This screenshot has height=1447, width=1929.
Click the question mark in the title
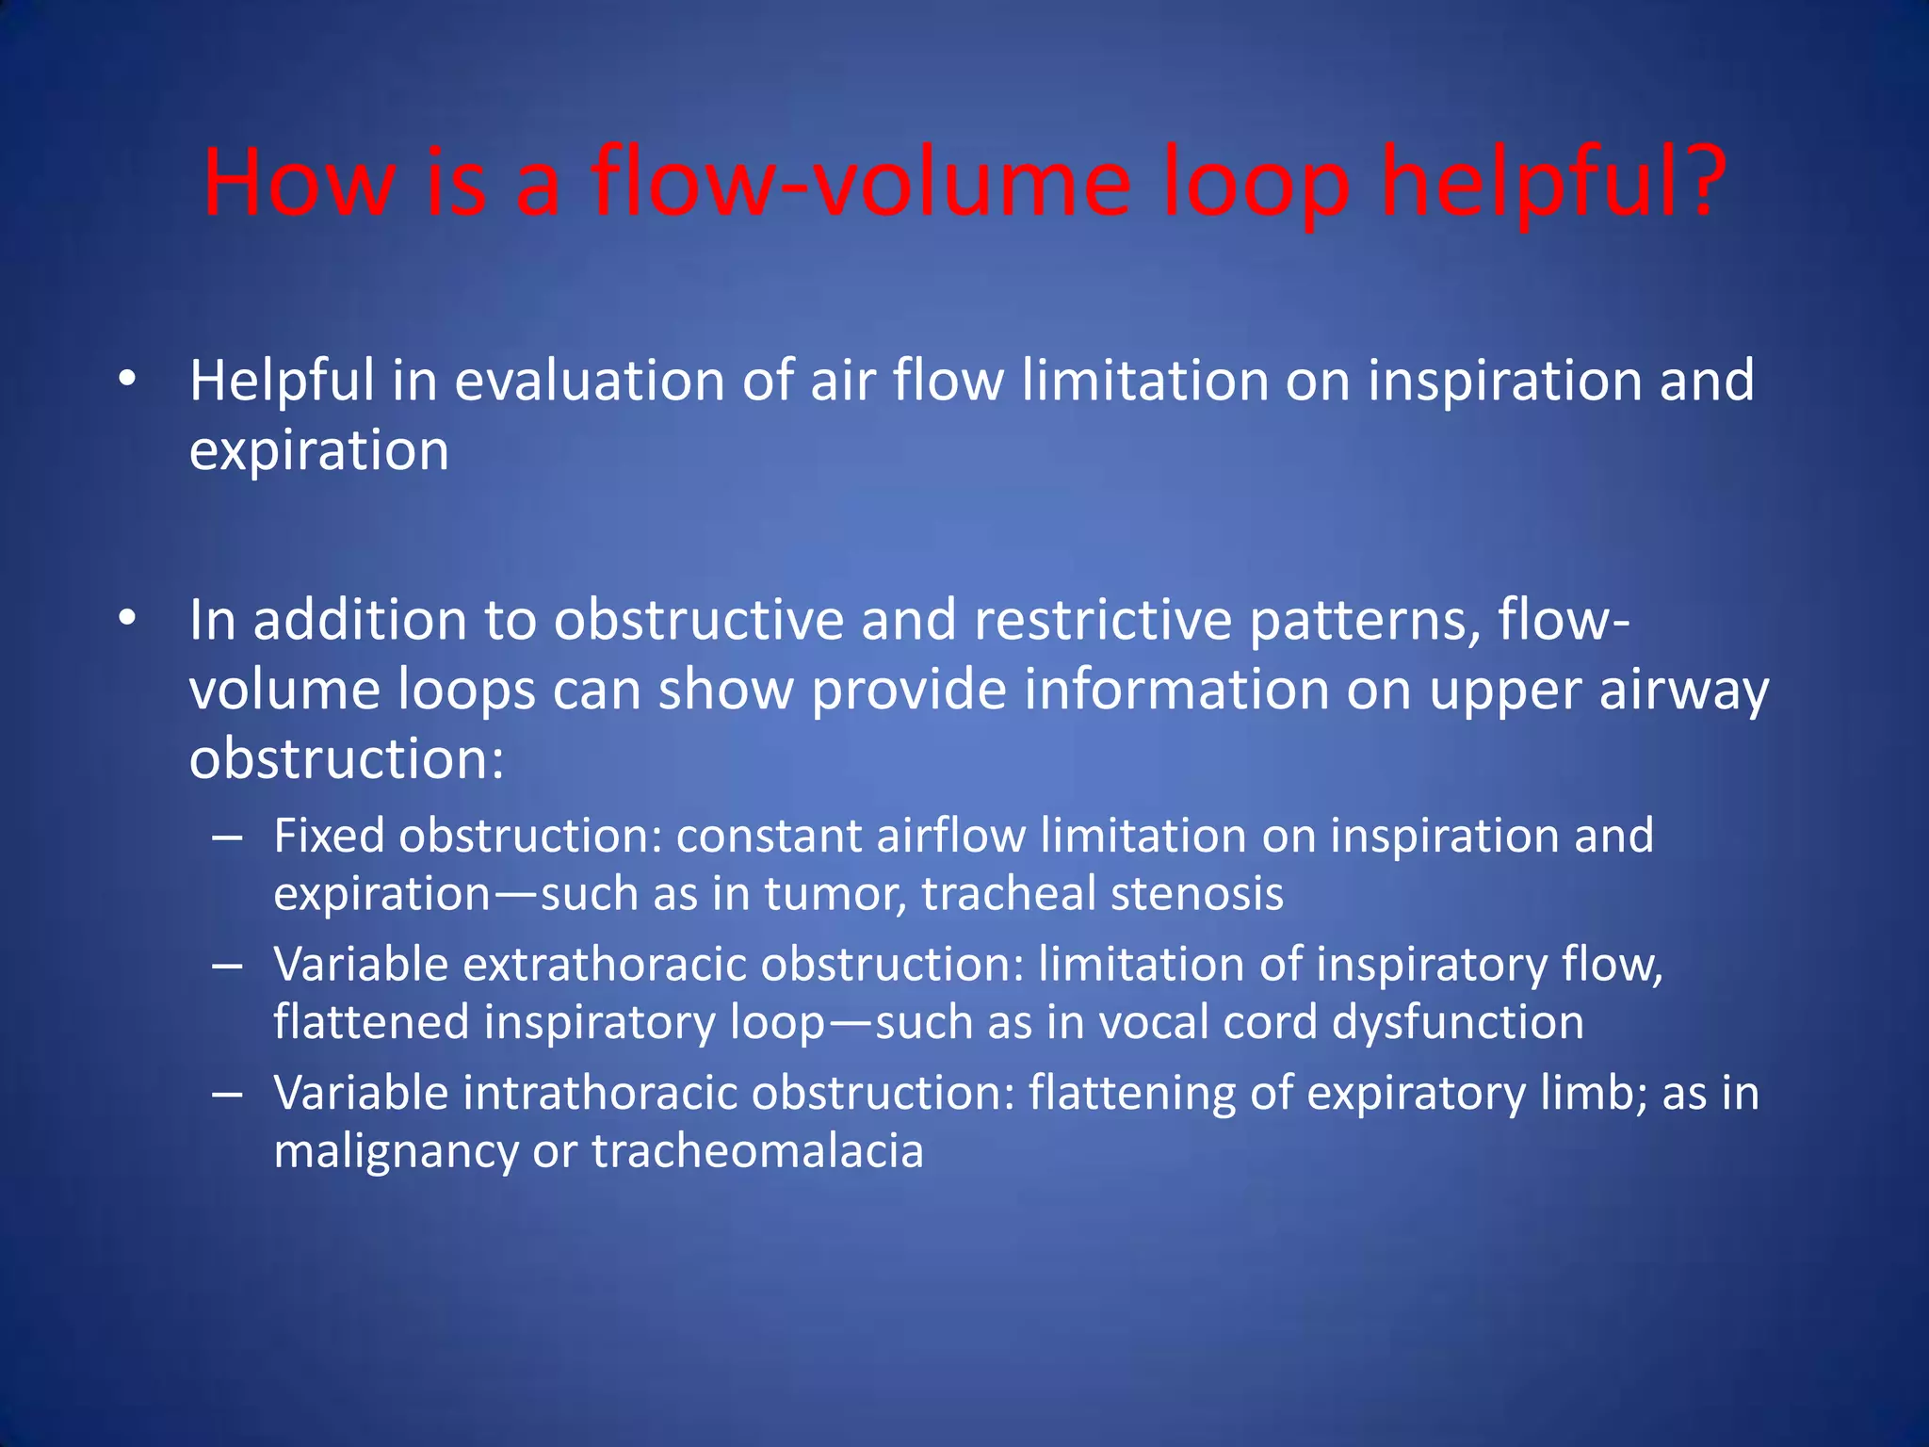1696,182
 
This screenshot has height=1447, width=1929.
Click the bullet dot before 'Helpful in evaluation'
128,381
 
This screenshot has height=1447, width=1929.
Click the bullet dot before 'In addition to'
128,620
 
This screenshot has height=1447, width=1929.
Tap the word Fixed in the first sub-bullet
329,836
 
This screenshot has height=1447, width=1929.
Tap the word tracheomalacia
757,1152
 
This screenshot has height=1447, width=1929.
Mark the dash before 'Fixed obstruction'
228,837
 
